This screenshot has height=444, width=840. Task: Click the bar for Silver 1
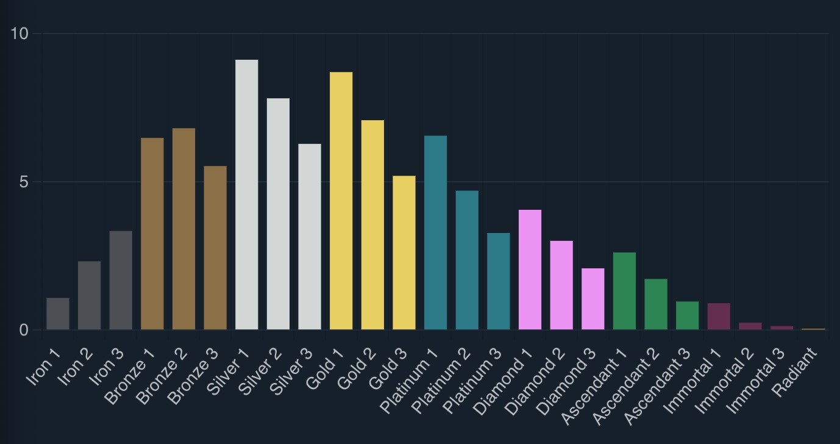click(247, 195)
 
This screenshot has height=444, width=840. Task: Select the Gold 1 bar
click(341, 201)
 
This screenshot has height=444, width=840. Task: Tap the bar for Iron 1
click(58, 314)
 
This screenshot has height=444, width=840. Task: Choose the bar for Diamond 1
click(530, 270)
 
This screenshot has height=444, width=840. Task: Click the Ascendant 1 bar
click(625, 291)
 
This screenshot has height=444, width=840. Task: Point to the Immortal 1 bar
click(719, 317)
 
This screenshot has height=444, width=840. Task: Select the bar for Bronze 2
click(184, 229)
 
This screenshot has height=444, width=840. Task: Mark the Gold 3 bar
click(404, 253)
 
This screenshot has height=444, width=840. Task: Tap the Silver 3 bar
click(310, 237)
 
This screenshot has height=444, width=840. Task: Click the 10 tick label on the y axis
click(20, 34)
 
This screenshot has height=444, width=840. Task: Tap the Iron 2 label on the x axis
click(75, 368)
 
